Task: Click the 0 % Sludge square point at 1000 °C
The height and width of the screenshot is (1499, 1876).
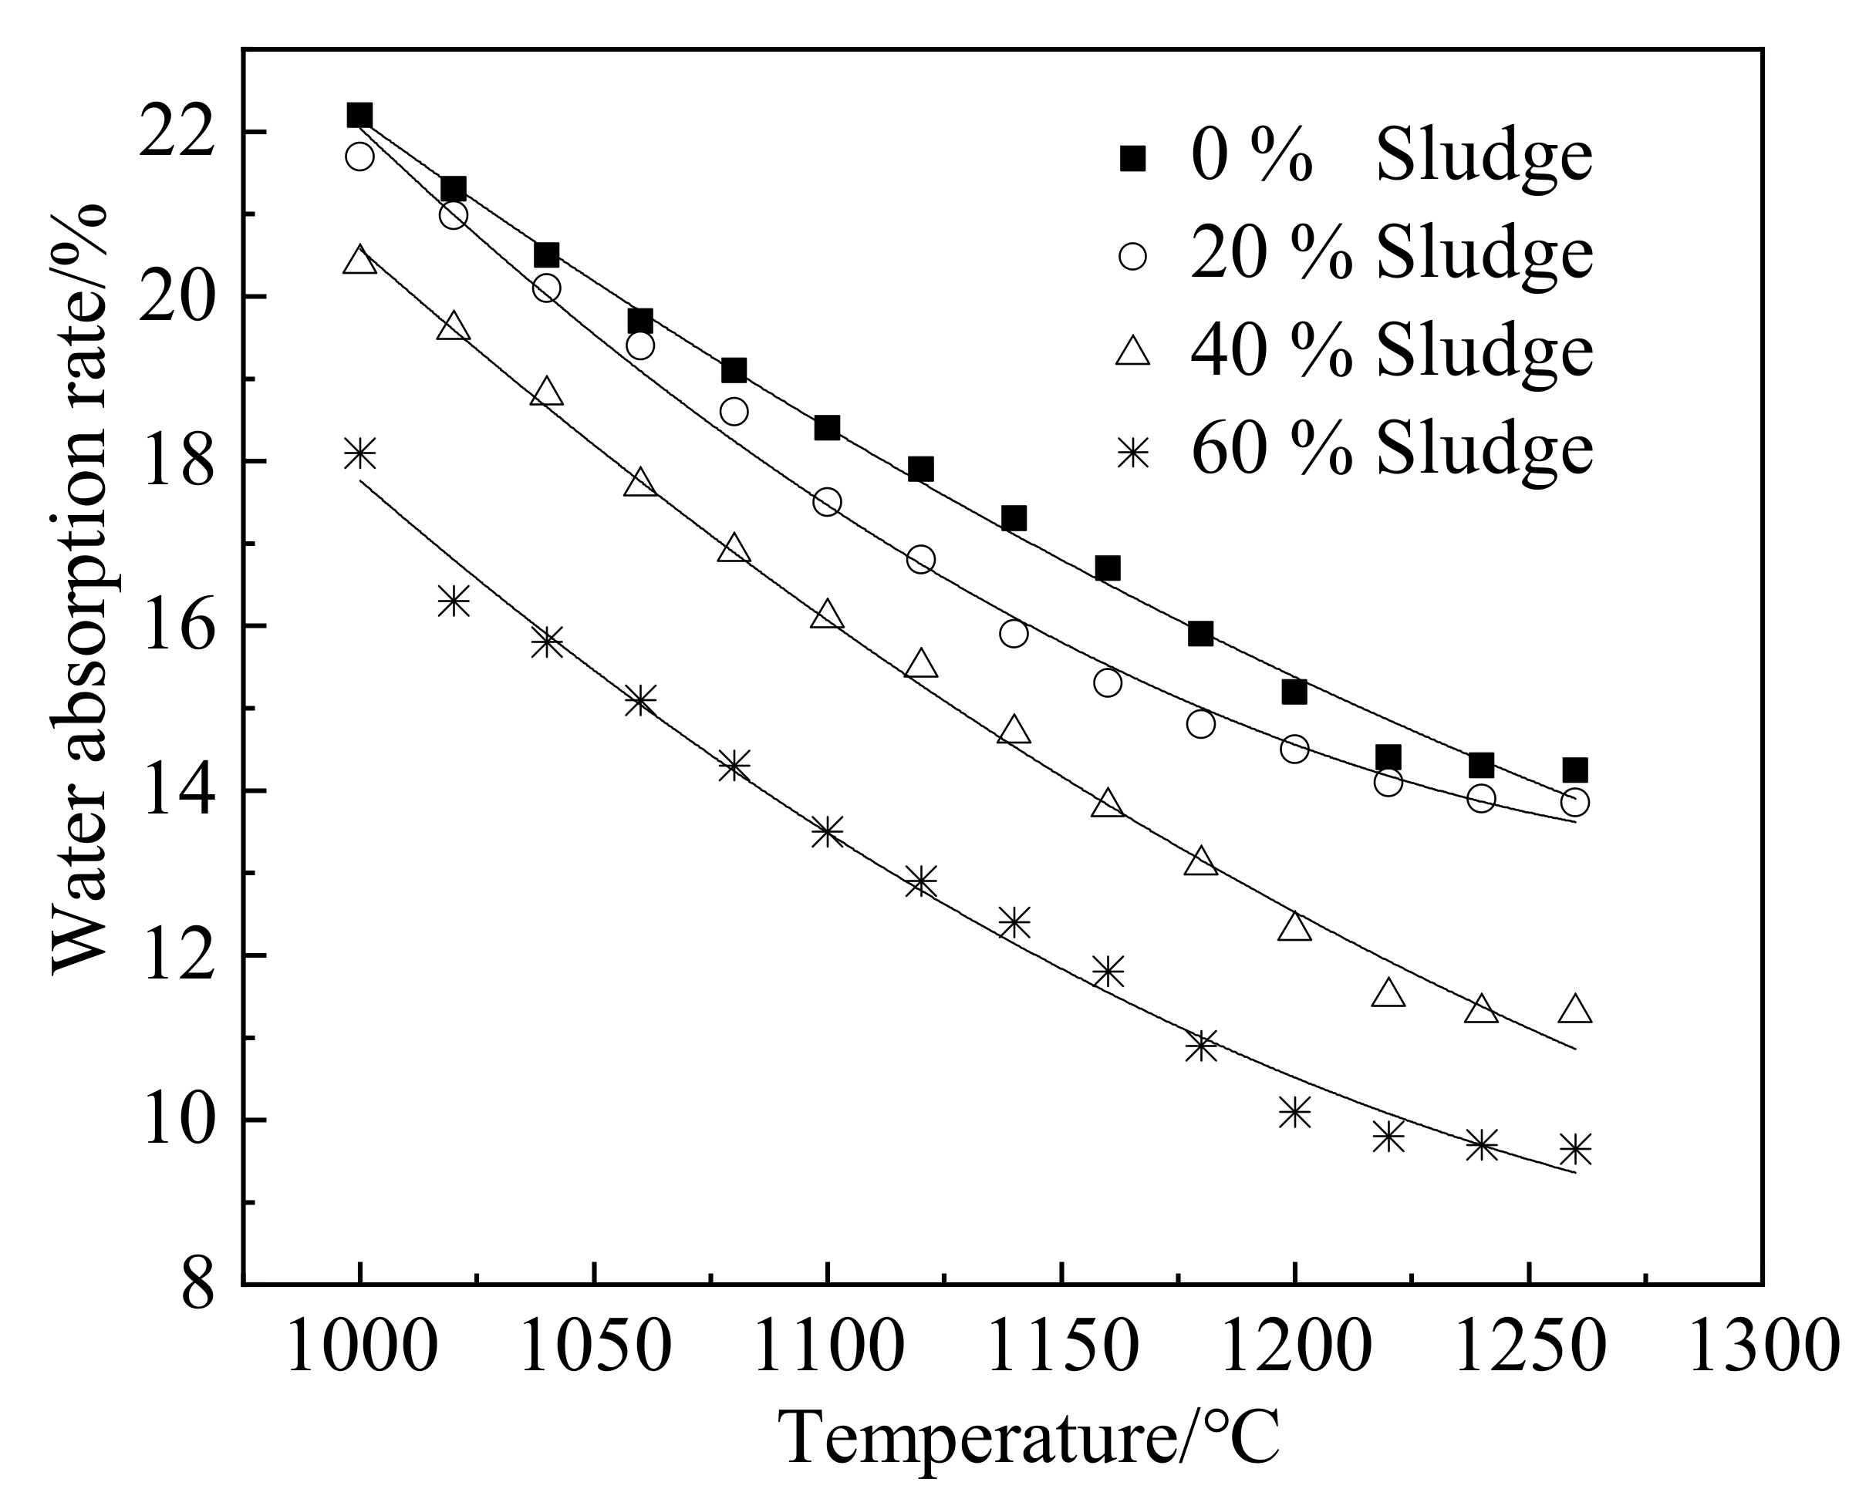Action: (x=359, y=115)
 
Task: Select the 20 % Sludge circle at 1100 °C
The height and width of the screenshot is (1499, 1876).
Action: (x=827, y=502)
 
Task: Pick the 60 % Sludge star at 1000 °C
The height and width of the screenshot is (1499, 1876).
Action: (x=359, y=453)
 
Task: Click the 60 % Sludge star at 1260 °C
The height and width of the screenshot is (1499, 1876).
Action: (x=1575, y=1149)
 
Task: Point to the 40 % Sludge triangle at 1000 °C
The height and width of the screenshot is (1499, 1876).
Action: (x=359, y=260)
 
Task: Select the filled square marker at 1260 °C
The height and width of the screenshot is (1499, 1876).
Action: (x=1575, y=770)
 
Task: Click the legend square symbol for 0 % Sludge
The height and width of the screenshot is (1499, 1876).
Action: (x=1132, y=157)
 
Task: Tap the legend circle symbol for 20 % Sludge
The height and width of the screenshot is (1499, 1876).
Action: (x=1132, y=256)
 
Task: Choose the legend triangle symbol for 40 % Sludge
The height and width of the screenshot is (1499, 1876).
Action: (x=1132, y=352)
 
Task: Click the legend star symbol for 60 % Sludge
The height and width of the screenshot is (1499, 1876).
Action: (x=1132, y=450)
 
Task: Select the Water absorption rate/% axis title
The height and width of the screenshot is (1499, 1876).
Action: (x=80, y=591)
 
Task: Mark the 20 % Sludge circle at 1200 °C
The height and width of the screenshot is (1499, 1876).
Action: (x=1294, y=749)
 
